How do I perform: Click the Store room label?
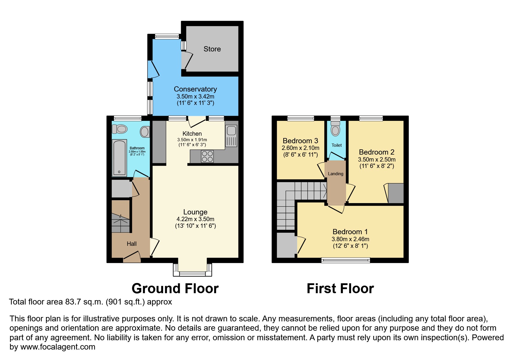tap(212, 49)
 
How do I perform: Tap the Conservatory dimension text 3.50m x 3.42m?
tap(195, 96)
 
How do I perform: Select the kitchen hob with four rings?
tap(207, 156)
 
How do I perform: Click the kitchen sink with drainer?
tap(231, 136)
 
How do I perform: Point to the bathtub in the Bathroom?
tap(120, 158)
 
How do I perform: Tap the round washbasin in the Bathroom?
tap(145, 132)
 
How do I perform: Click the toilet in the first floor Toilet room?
tap(335, 129)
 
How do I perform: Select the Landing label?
tap(336, 174)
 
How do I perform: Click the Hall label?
tap(131, 244)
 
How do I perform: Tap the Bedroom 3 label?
tap(300, 141)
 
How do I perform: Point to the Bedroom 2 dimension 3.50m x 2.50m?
tap(377, 160)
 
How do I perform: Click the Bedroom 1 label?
tap(350, 232)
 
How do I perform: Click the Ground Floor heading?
tap(175, 289)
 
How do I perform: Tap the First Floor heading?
tap(340, 289)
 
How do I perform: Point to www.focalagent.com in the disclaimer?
tap(58, 347)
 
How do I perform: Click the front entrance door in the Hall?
tap(132, 257)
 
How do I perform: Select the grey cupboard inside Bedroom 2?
tap(396, 193)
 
